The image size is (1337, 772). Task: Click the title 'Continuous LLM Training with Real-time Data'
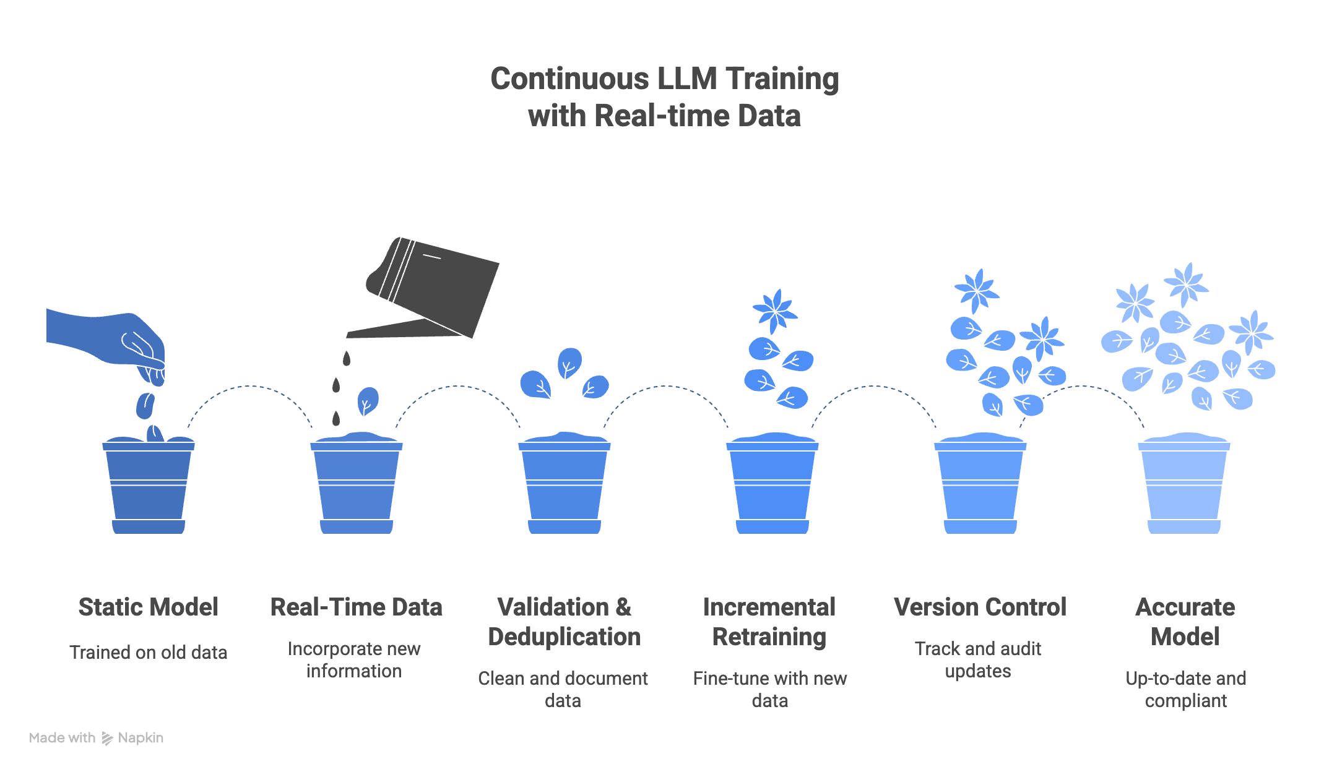[664, 97]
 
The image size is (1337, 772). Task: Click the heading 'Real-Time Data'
[356, 607]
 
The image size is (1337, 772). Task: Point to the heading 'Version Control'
[980, 607]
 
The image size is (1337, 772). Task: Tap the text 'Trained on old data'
[149, 653]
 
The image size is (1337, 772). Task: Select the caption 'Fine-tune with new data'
[769, 689]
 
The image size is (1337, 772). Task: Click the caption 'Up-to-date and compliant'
[1185, 689]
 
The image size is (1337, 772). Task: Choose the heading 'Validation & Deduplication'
[564, 622]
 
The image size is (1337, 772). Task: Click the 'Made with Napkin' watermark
[97, 738]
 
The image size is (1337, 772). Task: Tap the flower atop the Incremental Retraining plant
[774, 311]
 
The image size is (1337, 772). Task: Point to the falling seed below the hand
[145, 406]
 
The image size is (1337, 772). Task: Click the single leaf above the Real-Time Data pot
[368, 401]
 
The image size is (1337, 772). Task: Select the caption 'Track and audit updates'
[978, 659]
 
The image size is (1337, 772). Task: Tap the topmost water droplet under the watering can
[347, 358]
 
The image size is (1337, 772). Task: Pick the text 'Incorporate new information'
[354, 659]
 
